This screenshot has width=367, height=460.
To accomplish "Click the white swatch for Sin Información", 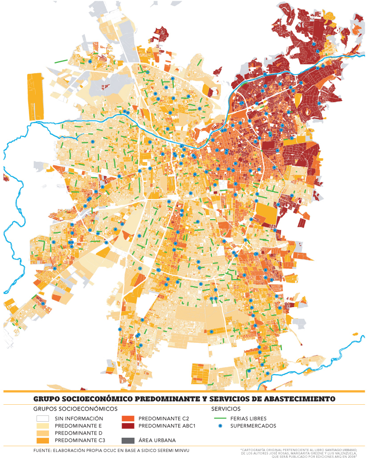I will pyautogui.click(x=42, y=419).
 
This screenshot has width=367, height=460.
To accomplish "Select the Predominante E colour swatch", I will pyautogui.click(x=42, y=426).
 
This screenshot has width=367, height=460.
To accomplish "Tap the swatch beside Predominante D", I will pyautogui.click(x=42, y=433).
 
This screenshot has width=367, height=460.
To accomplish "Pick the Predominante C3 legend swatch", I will pyautogui.click(x=42, y=440).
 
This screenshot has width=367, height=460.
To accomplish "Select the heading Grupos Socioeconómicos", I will pyautogui.click(x=75, y=409).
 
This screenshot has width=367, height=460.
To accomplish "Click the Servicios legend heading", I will pyautogui.click(x=226, y=409).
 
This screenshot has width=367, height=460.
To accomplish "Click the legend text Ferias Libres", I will pyautogui.click(x=249, y=419).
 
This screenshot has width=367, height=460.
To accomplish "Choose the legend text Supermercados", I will pyautogui.click(x=253, y=426).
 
